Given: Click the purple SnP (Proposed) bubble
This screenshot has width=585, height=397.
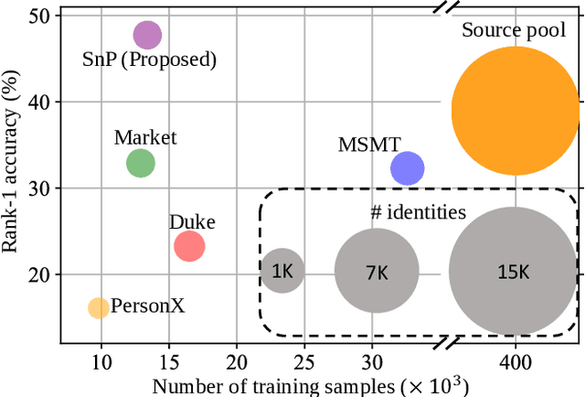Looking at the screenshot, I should click(147, 36).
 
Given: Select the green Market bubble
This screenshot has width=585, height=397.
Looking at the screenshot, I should click(140, 164).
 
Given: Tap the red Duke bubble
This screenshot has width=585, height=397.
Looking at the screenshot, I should click(189, 246).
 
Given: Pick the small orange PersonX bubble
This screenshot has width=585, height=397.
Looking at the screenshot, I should click(98, 307).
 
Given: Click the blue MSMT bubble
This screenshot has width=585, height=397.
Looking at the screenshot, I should click(407, 168).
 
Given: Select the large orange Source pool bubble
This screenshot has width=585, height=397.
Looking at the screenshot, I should click(516, 111).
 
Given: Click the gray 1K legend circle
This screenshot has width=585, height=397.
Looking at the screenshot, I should click(282, 271).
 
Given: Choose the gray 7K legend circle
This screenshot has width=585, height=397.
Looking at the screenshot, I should click(377, 271).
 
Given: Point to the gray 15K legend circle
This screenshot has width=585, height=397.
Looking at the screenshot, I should click(513, 271).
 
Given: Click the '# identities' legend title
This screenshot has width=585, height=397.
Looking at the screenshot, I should click(418, 213).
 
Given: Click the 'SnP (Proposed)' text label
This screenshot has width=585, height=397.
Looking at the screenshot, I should click(156, 61).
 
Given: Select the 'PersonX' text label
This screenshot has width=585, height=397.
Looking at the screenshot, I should click(148, 306).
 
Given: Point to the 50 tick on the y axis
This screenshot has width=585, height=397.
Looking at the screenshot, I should click(43, 16).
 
